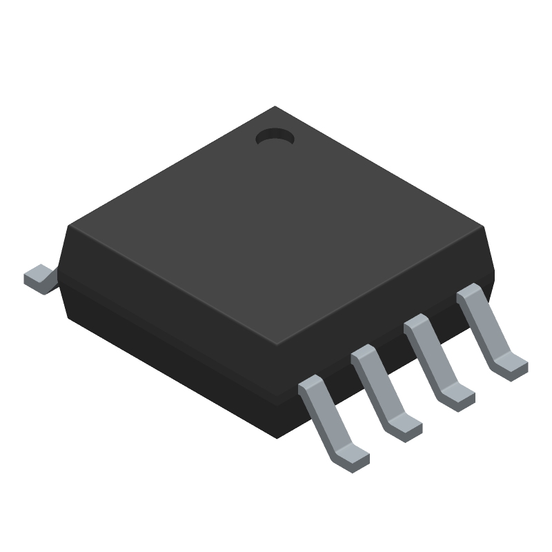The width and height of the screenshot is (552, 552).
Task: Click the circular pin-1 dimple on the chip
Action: coord(275,137)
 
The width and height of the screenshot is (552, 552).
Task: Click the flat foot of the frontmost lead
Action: coord(351,458)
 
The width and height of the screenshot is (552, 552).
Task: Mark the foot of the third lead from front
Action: coord(457,397)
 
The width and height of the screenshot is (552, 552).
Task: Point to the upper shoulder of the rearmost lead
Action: coord(471,293)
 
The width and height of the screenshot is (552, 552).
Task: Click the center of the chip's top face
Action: coord(276,228)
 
